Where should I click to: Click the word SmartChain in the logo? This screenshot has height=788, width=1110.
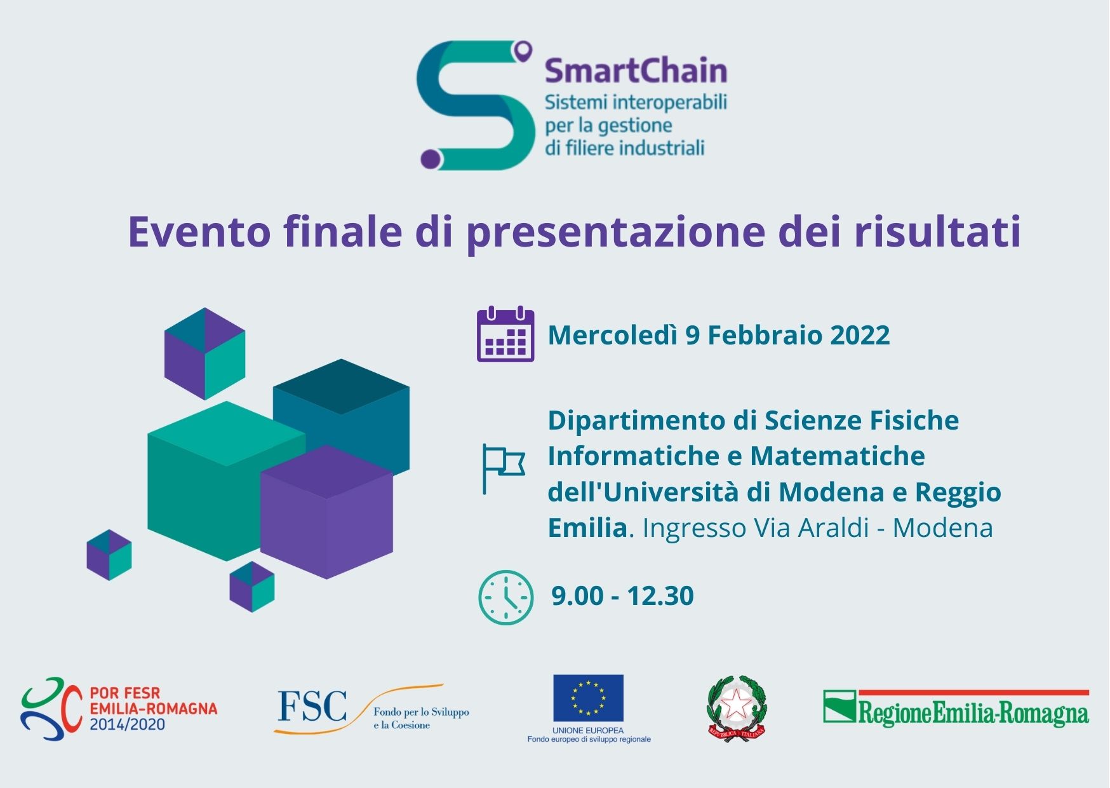tap(636, 71)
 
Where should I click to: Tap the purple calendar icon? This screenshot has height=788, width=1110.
tap(505, 334)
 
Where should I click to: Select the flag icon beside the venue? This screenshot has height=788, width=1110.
tap(503, 468)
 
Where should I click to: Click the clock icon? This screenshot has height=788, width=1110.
tap(505, 597)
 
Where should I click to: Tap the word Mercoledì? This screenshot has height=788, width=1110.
tap(613, 336)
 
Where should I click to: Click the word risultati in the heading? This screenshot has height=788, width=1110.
tap(937, 231)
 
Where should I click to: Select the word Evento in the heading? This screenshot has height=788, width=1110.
tap(199, 231)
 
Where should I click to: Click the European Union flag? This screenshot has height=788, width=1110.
tap(588, 698)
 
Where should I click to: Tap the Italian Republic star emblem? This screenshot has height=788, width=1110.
tap(737, 707)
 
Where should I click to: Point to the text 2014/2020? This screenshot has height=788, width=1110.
tap(127, 724)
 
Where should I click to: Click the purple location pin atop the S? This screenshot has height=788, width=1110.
tap(523, 51)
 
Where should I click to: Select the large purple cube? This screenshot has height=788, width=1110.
tap(327, 513)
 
